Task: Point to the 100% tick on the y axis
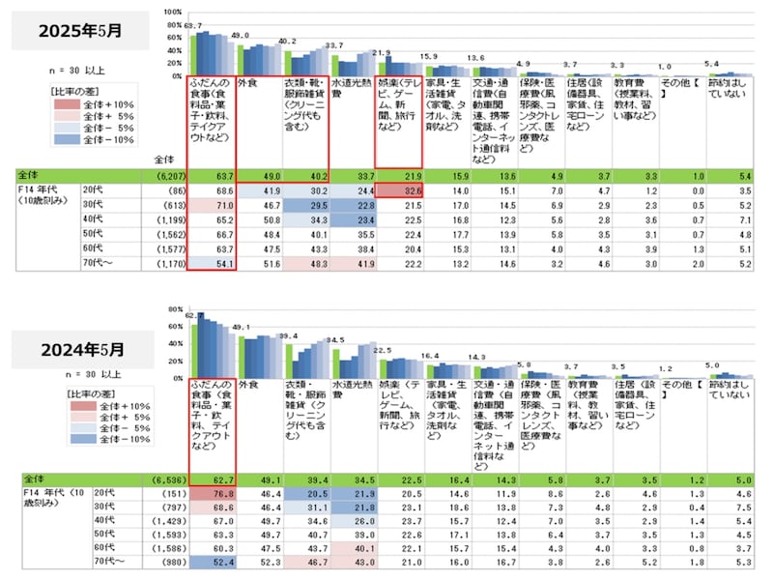(x=173, y=12)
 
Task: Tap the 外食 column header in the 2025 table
(x=258, y=84)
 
